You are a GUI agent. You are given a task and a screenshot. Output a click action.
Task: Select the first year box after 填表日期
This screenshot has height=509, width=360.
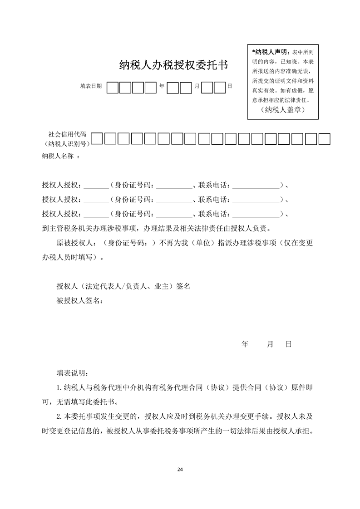113,87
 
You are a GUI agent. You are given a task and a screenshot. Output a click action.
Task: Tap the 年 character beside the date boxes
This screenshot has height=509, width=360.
162,86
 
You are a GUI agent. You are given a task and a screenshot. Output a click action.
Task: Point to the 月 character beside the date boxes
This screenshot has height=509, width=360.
197,86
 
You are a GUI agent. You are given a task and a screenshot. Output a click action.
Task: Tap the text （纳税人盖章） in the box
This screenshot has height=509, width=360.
283,110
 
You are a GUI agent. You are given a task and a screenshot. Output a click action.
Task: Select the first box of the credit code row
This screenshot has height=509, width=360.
97,138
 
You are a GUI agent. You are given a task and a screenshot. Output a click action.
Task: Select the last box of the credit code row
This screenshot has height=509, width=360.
324,138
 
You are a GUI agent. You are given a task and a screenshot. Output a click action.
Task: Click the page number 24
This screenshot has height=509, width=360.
180,469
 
